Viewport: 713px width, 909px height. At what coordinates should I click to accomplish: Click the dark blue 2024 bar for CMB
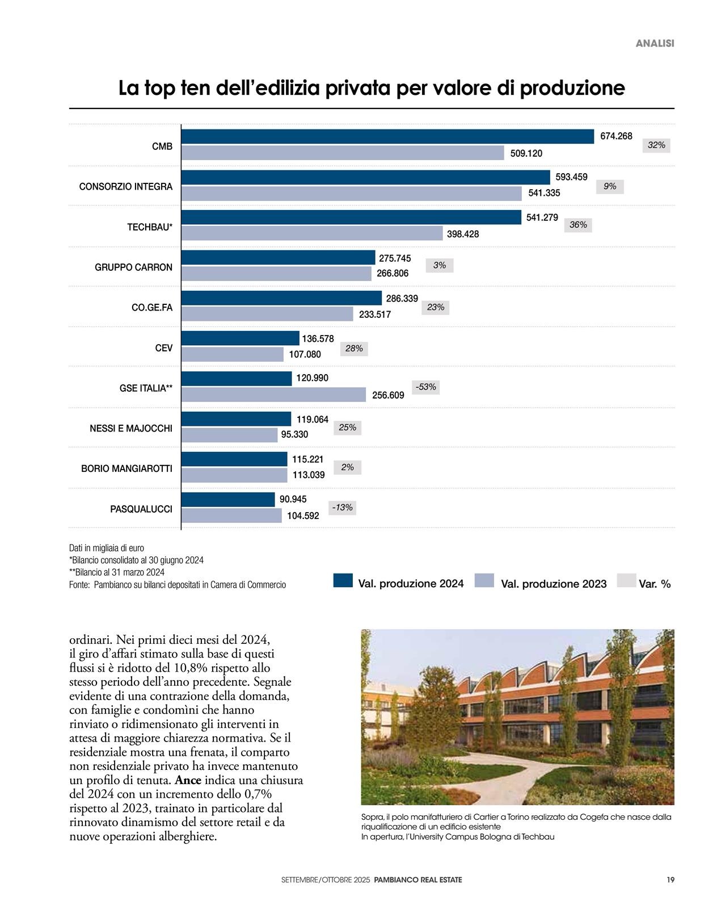pyautogui.click(x=387, y=137)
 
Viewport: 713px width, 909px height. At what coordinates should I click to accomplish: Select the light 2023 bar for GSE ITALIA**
pyautogui.click(x=273, y=395)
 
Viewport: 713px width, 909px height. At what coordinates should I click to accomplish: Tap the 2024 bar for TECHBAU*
pyautogui.click(x=351, y=217)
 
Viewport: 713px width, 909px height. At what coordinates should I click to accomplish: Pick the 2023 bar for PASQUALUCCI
pyautogui.click(x=231, y=516)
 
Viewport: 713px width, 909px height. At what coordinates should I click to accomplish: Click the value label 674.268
pyautogui.click(x=616, y=136)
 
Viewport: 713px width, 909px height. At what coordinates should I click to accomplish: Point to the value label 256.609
pyautogui.click(x=388, y=395)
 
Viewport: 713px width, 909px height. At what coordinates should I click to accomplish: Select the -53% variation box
pyautogui.click(x=425, y=387)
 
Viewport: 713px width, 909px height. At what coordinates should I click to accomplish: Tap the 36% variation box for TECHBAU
pyautogui.click(x=578, y=225)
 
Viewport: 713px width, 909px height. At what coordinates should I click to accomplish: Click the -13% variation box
pyautogui.click(x=342, y=508)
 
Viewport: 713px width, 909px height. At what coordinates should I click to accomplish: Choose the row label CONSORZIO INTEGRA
pyautogui.click(x=126, y=187)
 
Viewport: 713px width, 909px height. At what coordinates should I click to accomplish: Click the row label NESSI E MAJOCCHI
pyautogui.click(x=131, y=429)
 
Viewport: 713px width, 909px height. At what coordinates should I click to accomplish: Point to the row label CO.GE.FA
pyautogui.click(x=152, y=308)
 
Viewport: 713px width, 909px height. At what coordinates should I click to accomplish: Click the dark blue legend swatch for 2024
pyautogui.click(x=343, y=580)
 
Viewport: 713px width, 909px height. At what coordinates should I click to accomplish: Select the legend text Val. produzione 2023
pyautogui.click(x=554, y=584)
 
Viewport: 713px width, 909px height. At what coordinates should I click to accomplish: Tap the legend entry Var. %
pyautogui.click(x=655, y=584)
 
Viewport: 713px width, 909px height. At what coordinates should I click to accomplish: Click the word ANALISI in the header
pyautogui.click(x=655, y=43)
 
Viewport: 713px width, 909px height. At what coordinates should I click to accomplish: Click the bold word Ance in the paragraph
pyautogui.click(x=188, y=780)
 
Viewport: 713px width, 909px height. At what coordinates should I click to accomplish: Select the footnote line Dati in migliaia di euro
pyautogui.click(x=107, y=548)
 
